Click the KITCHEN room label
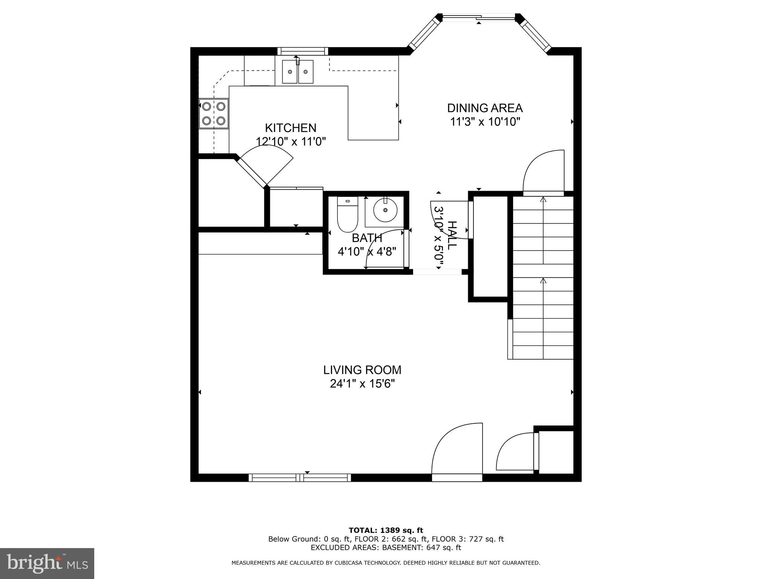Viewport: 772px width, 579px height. point(290,128)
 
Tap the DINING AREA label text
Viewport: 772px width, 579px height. point(485,108)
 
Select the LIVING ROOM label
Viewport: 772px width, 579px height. point(362,370)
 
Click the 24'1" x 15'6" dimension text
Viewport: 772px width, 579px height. point(362,384)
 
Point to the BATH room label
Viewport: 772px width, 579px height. point(367,238)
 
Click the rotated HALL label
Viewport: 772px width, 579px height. point(452,236)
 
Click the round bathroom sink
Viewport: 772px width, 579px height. point(385,210)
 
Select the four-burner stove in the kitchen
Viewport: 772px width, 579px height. point(214,113)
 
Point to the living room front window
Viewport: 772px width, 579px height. point(300,478)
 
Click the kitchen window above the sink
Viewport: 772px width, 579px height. point(303,51)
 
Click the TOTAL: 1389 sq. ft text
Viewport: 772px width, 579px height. point(386,531)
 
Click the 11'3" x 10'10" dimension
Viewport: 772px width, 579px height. point(485,122)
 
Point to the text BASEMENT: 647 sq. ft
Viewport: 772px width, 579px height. point(421,547)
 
